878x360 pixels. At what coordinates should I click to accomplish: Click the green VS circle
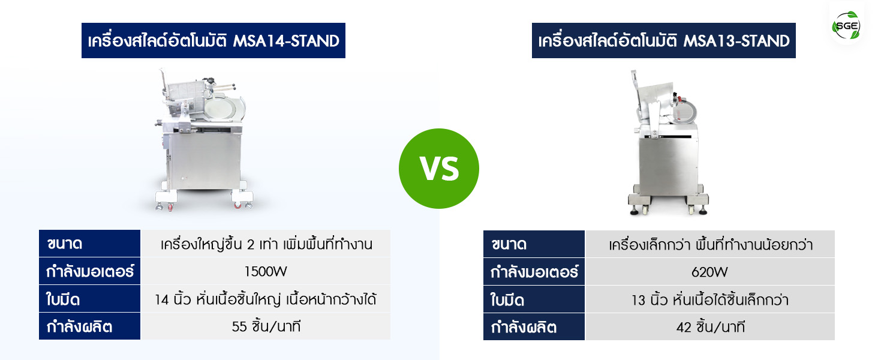[x=438, y=169]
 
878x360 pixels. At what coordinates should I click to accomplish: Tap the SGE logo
[x=847, y=26]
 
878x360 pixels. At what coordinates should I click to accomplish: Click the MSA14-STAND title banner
[x=214, y=40]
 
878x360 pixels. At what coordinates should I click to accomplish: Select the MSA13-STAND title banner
[x=663, y=40]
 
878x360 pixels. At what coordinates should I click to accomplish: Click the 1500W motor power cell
[x=265, y=271]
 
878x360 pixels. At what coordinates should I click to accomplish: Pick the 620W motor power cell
[x=709, y=272]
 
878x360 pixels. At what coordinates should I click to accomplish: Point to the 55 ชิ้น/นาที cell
[x=265, y=326]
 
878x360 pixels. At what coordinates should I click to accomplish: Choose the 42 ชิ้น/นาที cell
[x=709, y=327]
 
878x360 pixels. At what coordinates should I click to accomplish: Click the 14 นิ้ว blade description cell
[x=265, y=299]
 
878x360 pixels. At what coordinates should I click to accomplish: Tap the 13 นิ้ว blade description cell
[x=709, y=299]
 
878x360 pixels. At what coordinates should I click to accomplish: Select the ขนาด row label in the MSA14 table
[x=89, y=244]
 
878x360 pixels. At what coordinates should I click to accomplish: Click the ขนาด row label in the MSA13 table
[x=534, y=244]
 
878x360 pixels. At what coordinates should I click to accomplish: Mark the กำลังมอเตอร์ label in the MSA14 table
[x=89, y=271]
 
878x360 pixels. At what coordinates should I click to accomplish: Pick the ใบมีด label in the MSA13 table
[x=534, y=299]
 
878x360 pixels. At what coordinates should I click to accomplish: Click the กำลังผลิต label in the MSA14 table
[x=89, y=326]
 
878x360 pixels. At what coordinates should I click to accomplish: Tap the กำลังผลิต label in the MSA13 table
[x=534, y=327]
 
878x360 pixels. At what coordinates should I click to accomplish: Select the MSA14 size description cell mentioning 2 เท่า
[x=265, y=244]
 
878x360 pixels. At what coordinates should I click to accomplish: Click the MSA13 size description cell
[x=709, y=244]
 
